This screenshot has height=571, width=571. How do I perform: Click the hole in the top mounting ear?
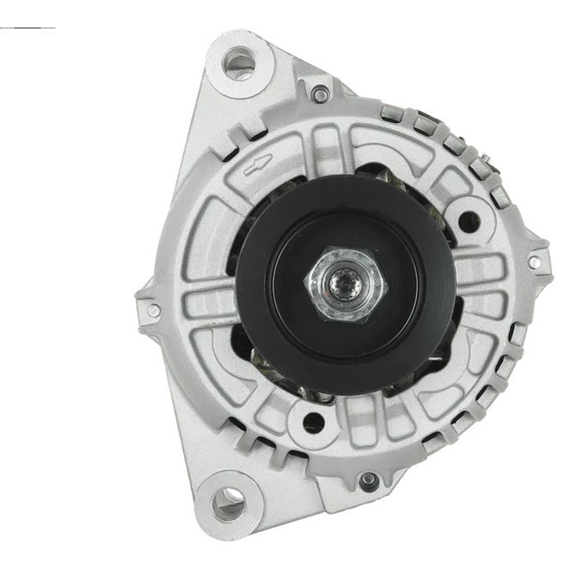pyautogui.click(x=238, y=60)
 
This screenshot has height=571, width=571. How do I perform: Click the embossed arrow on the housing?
pyautogui.click(x=256, y=165)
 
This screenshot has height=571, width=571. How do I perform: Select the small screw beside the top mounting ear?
pyautogui.click(x=320, y=94)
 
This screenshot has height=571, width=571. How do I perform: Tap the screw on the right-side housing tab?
pyautogui.click(x=534, y=262)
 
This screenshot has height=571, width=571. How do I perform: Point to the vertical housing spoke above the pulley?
pyautogui.click(x=330, y=151)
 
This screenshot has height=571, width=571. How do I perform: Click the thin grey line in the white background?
pyautogui.click(x=28, y=29)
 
